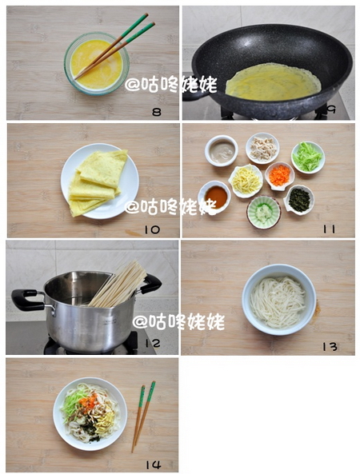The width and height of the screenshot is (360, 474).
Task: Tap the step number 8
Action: pyautogui.click(x=156, y=112)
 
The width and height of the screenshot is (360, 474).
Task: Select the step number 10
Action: pyautogui.click(x=151, y=229)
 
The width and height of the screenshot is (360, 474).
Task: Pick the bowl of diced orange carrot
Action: pyautogui.click(x=278, y=175)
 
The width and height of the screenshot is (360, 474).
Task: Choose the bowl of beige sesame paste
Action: pyautogui.click(x=221, y=150)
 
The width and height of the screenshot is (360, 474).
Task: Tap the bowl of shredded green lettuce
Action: pyautogui.click(x=307, y=157)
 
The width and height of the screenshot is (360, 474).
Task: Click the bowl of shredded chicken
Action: pyautogui.click(x=262, y=146)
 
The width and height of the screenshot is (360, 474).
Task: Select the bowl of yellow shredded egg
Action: pyautogui.click(x=245, y=181)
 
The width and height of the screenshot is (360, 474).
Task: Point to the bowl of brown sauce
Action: pyautogui.click(x=214, y=196)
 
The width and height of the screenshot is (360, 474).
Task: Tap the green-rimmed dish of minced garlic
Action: pyautogui.click(x=263, y=212)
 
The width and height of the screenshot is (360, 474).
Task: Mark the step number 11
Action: pyautogui.click(x=328, y=229)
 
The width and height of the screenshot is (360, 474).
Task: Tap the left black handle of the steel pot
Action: pyautogui.click(x=26, y=299)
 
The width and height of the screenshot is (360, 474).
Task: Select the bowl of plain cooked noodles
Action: pyautogui.click(x=278, y=298)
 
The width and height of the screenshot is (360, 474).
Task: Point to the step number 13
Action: pyautogui.click(x=329, y=346)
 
